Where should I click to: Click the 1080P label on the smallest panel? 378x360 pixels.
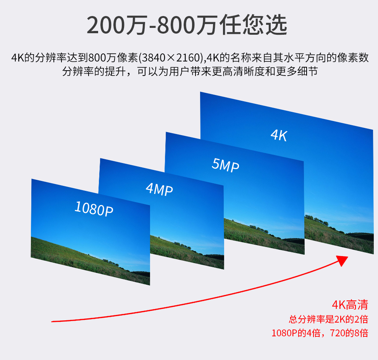tap(94, 209)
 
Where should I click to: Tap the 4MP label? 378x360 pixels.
tap(159, 189)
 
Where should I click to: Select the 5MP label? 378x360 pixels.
tap(225, 165)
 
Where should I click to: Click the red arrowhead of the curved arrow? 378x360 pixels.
tap(342, 260)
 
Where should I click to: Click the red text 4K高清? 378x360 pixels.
tap(350, 305)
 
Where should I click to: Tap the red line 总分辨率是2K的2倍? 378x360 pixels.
tap(329, 319)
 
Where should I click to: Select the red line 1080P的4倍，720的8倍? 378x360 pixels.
tap(320, 333)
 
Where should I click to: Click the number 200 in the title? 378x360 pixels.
tap(106, 25)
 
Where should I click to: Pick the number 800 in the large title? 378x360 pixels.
tap(176, 25)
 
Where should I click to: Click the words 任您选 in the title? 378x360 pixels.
tap(253, 24)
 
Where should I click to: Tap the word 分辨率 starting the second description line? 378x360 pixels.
tap(78, 71)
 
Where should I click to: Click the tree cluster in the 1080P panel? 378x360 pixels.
tap(111, 262)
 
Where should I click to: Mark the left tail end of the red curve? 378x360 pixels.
tap(52, 321)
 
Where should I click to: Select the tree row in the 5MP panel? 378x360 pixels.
tap(258, 229)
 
